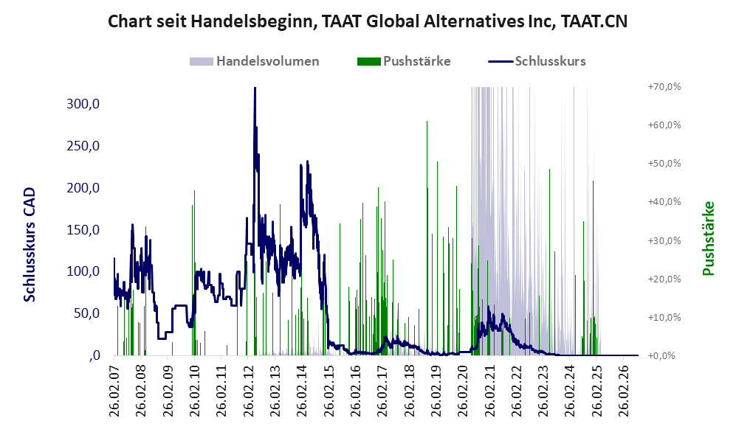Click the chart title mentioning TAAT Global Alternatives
point(368,21)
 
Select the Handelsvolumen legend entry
point(255,61)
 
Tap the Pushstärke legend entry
point(404,61)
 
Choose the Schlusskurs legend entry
point(537,61)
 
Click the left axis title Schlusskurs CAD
point(30,244)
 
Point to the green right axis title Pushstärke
point(708,238)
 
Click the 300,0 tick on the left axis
point(83,104)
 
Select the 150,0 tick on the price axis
point(83,230)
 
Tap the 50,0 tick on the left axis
point(87,313)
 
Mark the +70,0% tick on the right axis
point(664,87)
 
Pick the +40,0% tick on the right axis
point(664,201)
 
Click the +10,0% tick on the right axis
point(664,317)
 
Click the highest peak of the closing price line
point(255,88)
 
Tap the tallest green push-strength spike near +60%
point(427,122)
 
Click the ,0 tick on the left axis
point(94,355)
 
